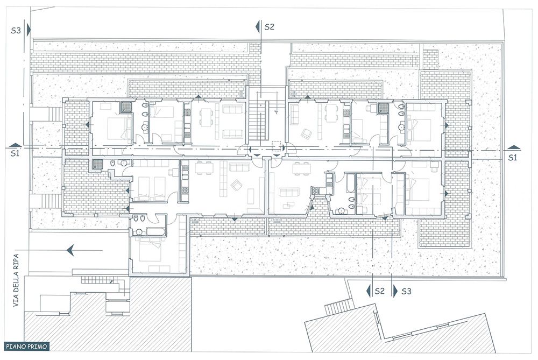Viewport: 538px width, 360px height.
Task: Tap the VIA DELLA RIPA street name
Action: (x=16, y=280)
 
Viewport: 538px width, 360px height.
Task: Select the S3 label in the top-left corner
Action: (x=16, y=31)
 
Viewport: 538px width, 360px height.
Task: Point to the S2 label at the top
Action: (x=270, y=27)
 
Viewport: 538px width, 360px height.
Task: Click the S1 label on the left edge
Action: (x=15, y=153)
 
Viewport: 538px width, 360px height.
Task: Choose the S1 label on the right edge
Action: (x=512, y=157)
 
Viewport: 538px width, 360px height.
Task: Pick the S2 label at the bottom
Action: (x=379, y=291)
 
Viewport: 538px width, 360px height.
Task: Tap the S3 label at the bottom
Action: (x=406, y=291)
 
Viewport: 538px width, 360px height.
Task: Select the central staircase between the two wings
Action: (x=258, y=121)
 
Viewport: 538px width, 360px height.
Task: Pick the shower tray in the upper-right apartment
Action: (x=382, y=108)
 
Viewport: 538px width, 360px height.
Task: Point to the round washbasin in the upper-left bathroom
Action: (x=144, y=128)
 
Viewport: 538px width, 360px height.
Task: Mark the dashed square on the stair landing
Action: (x=277, y=146)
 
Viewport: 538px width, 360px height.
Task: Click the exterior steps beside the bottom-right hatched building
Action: (x=338, y=307)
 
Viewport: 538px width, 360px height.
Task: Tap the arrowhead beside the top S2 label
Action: (x=258, y=26)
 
